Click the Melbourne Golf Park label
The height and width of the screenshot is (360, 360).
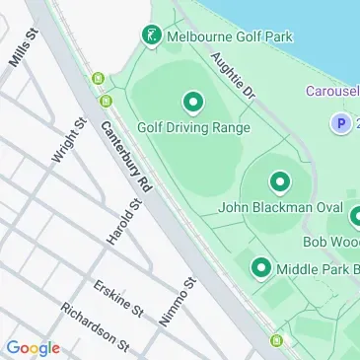[230, 37]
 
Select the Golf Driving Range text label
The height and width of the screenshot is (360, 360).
[193, 127]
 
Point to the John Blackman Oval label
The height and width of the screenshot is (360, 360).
[279, 208]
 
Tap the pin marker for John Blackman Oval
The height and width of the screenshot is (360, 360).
[280, 182]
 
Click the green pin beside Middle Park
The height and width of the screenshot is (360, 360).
[261, 267]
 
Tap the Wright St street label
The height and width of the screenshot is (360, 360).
[66, 144]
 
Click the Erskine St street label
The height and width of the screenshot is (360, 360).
[118, 300]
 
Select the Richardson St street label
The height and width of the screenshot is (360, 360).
[95, 325]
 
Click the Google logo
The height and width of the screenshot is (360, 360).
[33, 347]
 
